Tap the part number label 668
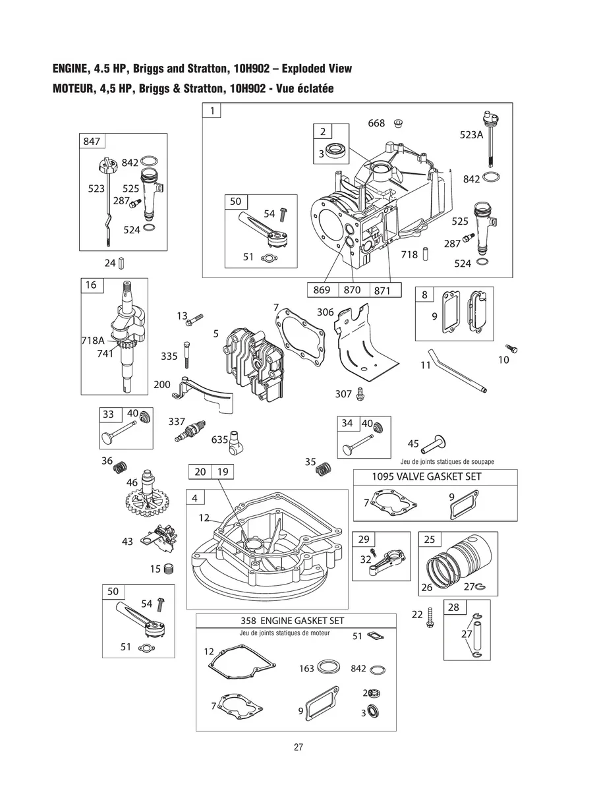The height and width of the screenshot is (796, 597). pyautogui.click(x=376, y=123)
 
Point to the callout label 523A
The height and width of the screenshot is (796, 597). pyautogui.click(x=471, y=134)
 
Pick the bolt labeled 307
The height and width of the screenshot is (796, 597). pyautogui.click(x=360, y=393)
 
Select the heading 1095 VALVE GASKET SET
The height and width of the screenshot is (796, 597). pyautogui.click(x=426, y=476)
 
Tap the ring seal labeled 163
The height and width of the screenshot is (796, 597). pyautogui.click(x=328, y=668)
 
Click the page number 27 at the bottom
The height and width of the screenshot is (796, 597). pyautogui.click(x=298, y=747)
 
